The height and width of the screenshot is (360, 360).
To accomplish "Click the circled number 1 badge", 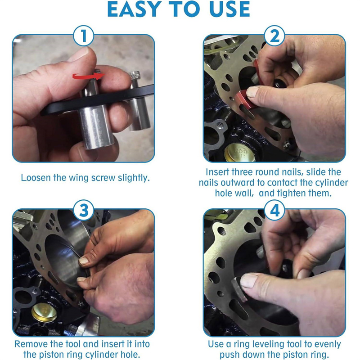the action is click(x=84, y=36).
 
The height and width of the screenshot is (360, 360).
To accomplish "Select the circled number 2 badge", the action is click(x=274, y=36).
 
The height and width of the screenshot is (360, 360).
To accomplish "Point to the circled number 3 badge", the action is click(x=84, y=210).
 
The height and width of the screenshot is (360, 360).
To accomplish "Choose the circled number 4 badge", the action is click(x=274, y=210).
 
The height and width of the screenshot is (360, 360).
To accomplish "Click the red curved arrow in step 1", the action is click(x=88, y=76).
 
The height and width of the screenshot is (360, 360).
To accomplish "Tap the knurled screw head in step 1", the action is click(x=134, y=75).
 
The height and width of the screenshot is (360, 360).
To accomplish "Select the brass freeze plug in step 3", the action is click(x=44, y=312).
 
